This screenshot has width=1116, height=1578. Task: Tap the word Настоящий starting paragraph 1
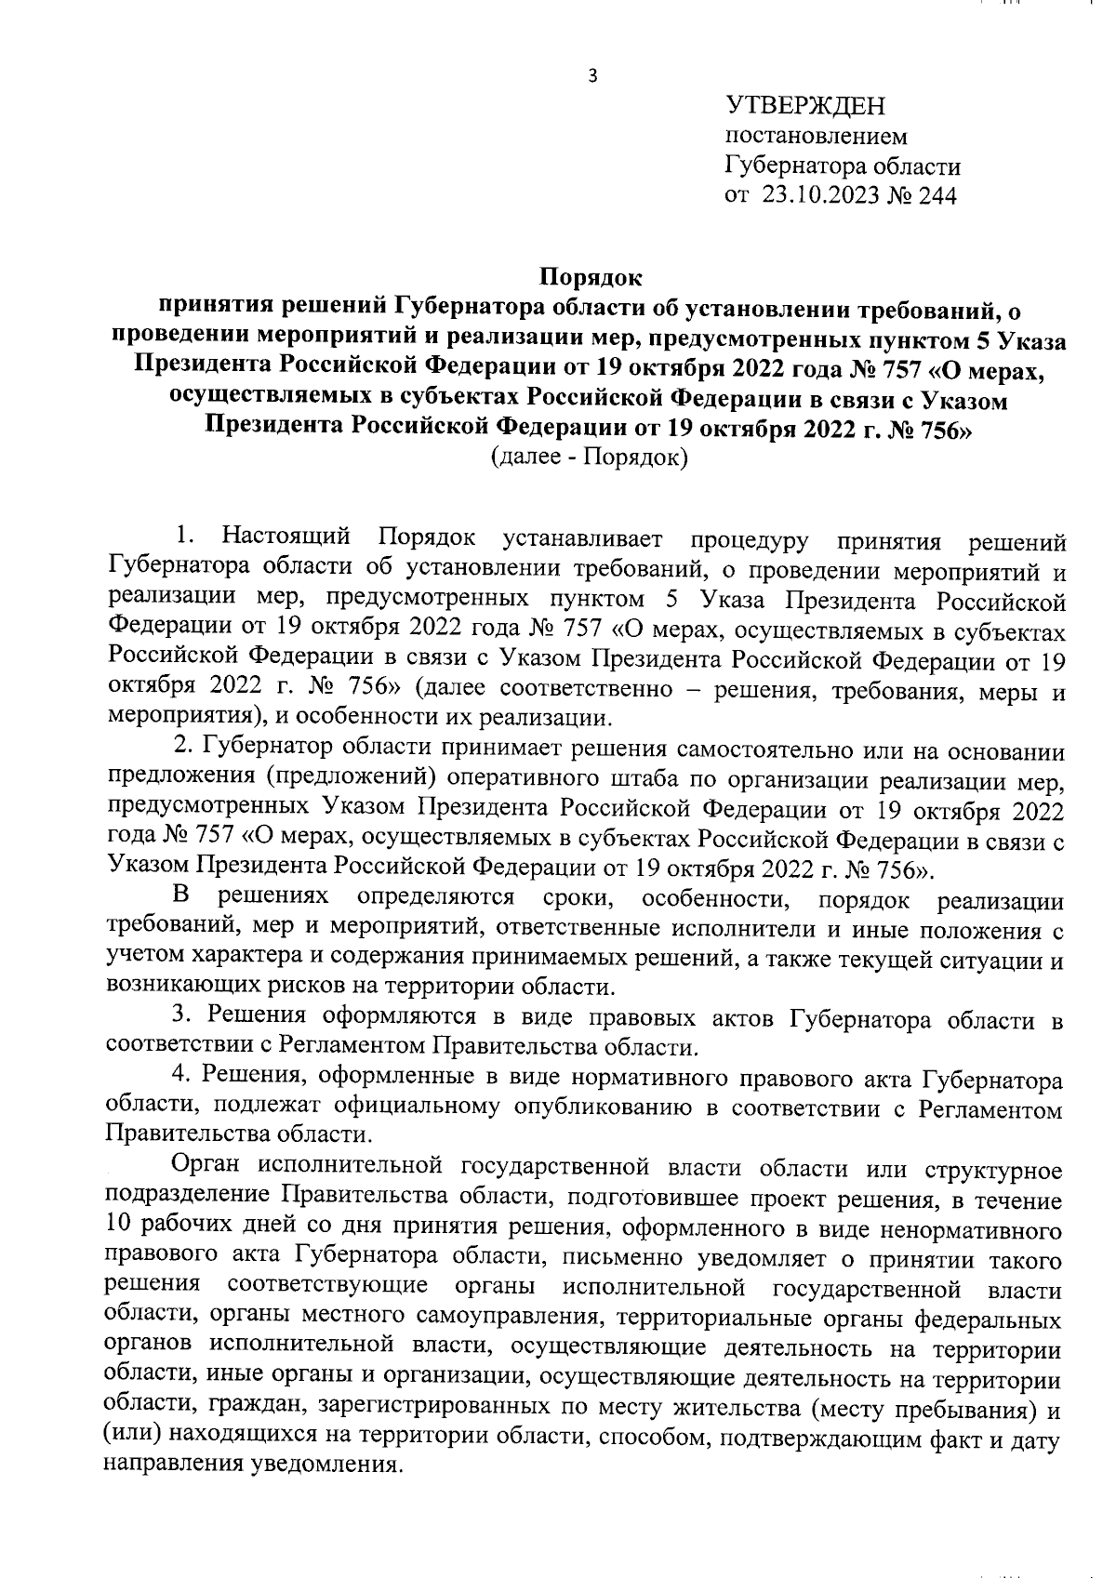pos(286,538)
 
